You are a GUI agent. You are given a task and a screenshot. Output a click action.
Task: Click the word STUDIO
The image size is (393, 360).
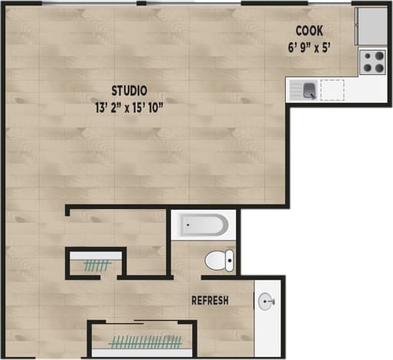click(128, 90)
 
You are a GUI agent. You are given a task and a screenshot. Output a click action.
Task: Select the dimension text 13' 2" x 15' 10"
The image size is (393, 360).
click(128, 106)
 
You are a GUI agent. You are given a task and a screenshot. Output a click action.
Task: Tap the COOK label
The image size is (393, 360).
click(309, 31)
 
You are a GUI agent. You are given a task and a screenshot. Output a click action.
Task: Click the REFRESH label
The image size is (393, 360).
click(210, 300)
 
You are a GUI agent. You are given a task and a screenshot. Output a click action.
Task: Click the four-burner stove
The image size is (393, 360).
click(373, 61)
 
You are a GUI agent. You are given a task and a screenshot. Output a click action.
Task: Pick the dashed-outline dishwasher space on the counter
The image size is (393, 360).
click(332, 90)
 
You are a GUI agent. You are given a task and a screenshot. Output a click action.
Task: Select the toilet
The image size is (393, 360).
click(220, 261)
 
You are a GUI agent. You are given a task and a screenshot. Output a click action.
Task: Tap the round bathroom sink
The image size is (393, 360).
click(267, 301)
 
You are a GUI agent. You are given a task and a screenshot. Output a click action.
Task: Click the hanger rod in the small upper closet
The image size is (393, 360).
click(97, 266)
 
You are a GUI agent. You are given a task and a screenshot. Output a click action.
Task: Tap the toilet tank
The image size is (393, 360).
click(230, 261)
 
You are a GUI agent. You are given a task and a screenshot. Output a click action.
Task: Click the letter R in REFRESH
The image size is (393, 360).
click(195, 300)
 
